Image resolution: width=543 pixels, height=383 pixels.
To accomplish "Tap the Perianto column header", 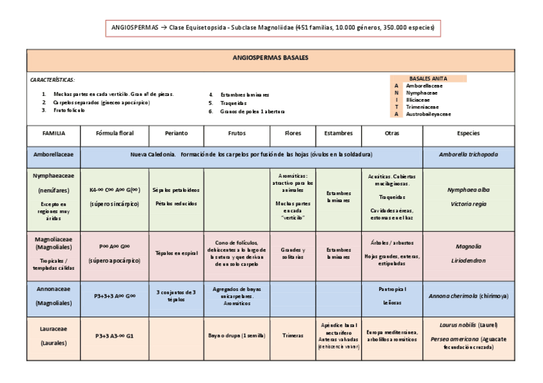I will coord(175,133).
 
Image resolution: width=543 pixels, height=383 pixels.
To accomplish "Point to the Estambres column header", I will coord(338,133).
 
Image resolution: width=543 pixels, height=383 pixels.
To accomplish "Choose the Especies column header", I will coord(468,133).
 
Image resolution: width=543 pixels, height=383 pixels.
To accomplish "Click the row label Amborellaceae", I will coord(54,155).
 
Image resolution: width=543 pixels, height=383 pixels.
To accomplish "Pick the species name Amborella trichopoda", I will coord(468,155).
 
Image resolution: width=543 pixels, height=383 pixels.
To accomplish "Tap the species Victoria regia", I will coord(468,204).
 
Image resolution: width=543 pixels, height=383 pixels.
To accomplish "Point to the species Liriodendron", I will coord(468,260).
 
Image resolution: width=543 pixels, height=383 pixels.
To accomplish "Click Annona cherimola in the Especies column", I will coord(460,296).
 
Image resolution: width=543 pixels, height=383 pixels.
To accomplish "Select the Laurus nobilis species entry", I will coord(468,325).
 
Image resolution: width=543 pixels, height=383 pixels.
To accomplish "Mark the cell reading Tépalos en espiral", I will coord(175,253).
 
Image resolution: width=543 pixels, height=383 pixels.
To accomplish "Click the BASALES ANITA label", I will coord(428,78).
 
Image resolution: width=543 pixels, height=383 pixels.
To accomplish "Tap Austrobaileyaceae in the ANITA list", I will coord(428,114).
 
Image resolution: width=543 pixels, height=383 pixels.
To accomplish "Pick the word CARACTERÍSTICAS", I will coord(53,80).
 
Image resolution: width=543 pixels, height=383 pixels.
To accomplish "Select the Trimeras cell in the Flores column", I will coord(293,335).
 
